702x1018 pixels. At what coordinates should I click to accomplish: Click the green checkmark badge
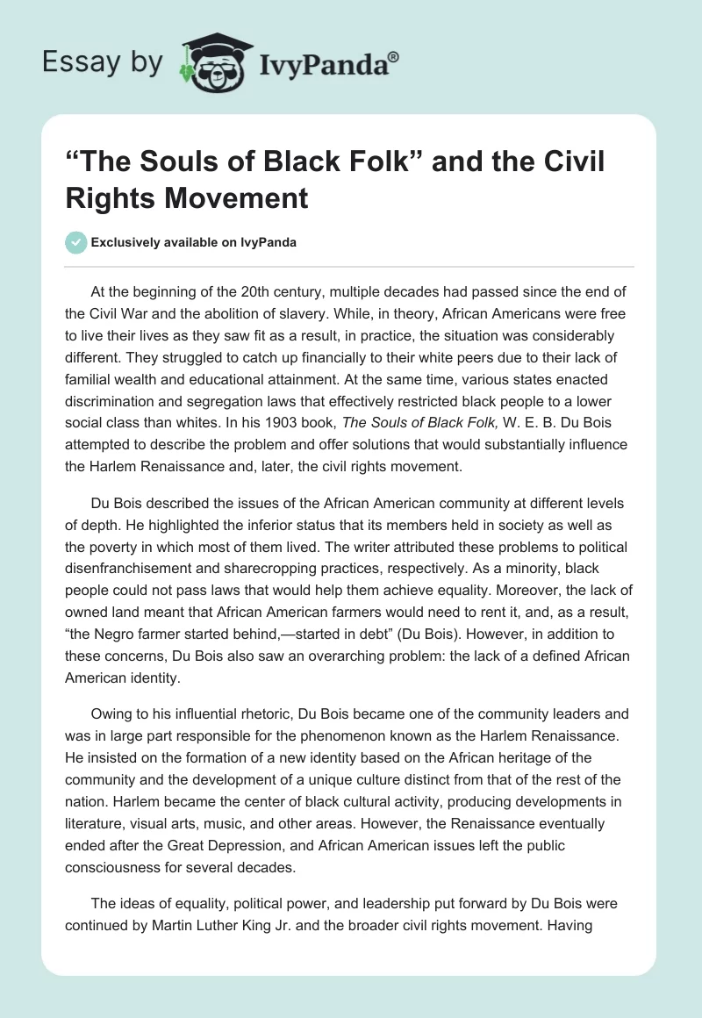(76, 242)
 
